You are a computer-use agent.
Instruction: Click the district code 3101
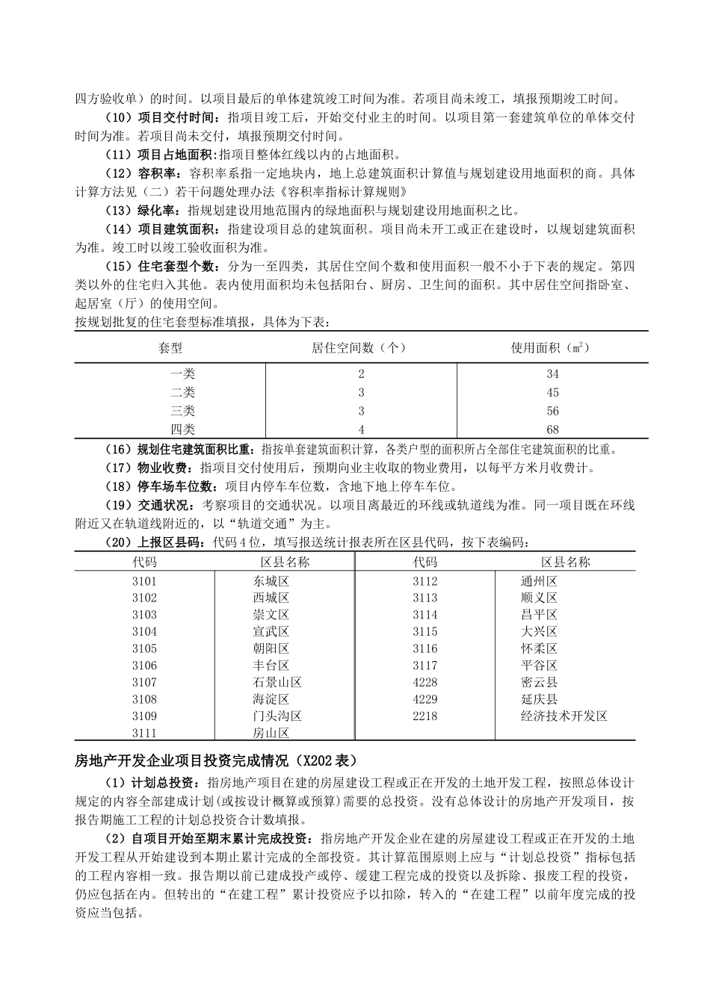(144, 581)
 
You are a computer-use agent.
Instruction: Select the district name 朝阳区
(271, 648)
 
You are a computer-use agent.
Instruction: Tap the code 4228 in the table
(425, 682)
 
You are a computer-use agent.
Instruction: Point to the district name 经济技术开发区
(564, 716)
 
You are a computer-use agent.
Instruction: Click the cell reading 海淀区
(271, 699)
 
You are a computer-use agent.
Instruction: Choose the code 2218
(425, 716)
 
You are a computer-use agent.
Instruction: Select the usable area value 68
(552, 430)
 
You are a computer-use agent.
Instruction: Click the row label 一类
(182, 374)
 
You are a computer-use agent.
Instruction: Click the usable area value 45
(552, 392)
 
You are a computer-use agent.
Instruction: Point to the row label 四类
(182, 430)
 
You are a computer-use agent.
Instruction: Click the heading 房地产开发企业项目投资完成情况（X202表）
(216, 761)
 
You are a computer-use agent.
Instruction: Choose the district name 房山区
(271, 733)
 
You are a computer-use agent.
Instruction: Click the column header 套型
(170, 348)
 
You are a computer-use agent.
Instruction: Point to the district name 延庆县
(539, 699)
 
